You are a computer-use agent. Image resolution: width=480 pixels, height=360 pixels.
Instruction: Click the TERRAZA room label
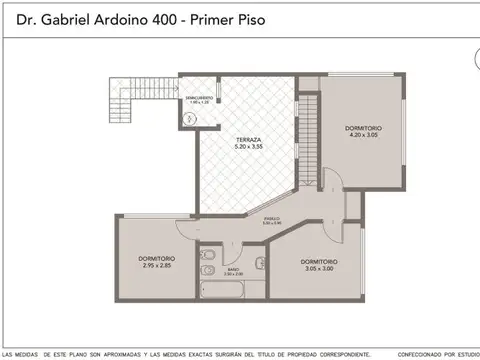[249, 140]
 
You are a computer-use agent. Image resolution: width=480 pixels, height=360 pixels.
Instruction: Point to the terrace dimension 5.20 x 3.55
[249, 148]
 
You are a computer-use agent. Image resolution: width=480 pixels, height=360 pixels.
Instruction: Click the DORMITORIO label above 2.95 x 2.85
[157, 258]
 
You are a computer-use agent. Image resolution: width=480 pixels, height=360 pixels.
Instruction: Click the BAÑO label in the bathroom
[233, 270]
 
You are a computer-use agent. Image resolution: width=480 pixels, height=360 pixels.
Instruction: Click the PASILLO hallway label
[271, 219]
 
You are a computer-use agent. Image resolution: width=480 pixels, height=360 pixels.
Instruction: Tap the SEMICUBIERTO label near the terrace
[200, 96]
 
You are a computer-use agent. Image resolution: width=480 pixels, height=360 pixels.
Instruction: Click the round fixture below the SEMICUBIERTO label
[192, 117]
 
